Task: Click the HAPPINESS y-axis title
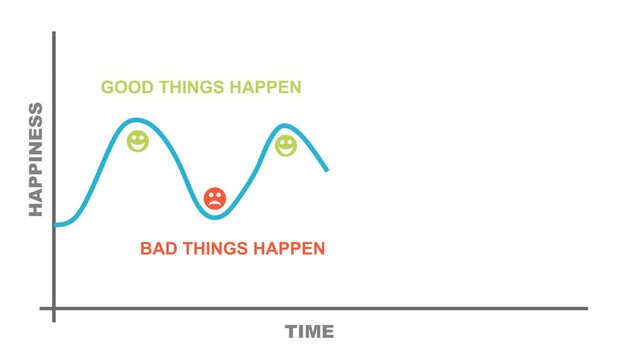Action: coord(36,159)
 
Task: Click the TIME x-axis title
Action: coord(310,332)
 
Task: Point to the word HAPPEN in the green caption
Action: coord(265,88)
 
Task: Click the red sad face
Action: coord(214,198)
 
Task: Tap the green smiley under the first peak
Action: coord(138,141)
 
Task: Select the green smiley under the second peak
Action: coord(286,146)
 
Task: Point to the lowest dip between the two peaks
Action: coord(214,216)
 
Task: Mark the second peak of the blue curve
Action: coord(286,126)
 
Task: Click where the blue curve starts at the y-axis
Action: coord(55,225)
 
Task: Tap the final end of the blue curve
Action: coord(327,169)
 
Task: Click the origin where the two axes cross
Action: coord(54,309)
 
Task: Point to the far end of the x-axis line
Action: coord(586,309)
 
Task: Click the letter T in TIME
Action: coord(291,332)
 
